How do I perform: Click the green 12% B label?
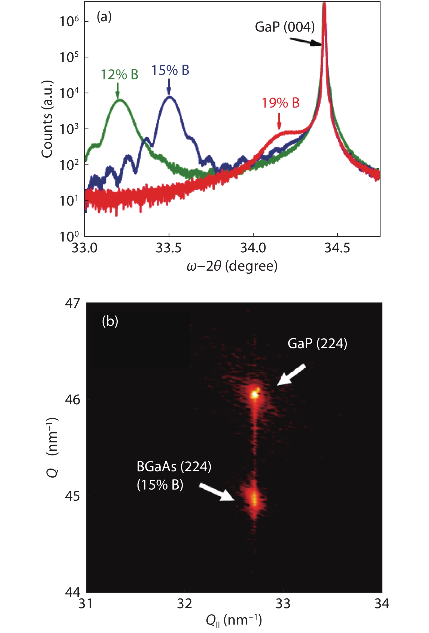[x=119, y=75]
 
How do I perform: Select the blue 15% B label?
[x=170, y=70]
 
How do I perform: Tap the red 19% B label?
[x=281, y=103]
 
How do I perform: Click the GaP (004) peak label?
[x=285, y=27]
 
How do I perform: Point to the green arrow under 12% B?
[x=118, y=90]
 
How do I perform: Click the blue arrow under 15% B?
[x=169, y=87]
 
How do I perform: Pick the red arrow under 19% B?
[x=279, y=121]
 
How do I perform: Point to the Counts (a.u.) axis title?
[x=47, y=119]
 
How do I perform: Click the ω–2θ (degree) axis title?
[x=232, y=266]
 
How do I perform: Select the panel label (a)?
[x=104, y=17]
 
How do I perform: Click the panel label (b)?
[x=110, y=321]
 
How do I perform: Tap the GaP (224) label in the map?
[x=317, y=344]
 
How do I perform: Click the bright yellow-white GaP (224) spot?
[x=254, y=394]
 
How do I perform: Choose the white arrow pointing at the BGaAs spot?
[x=217, y=492]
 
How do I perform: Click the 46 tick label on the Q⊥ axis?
[x=72, y=400]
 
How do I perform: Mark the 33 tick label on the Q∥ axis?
[x=283, y=604]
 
